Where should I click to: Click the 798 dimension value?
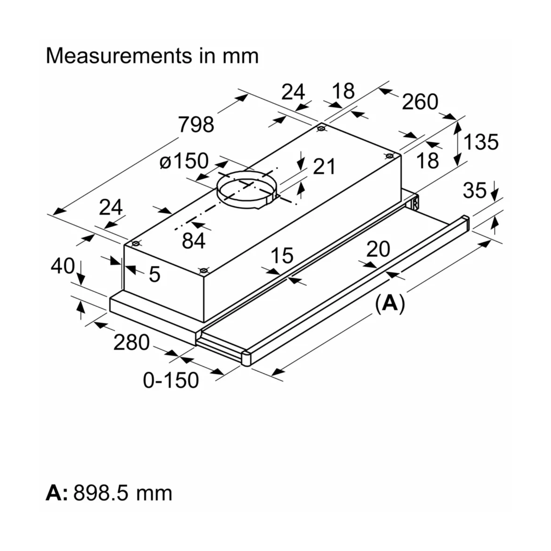click(196, 125)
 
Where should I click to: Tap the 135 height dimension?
click(481, 142)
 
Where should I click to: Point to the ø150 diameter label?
click(184, 161)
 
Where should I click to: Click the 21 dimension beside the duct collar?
click(324, 166)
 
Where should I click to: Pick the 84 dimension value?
click(194, 241)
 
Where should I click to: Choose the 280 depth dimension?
click(131, 342)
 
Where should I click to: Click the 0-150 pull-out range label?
click(171, 380)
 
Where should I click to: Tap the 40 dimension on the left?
click(63, 266)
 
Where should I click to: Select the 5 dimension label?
click(154, 274)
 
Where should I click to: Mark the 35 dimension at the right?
click(474, 190)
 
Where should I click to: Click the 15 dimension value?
click(281, 256)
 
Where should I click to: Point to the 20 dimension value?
click(378, 249)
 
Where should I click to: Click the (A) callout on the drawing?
click(389, 303)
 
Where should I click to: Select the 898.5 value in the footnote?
click(100, 493)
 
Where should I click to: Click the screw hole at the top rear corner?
click(321, 128)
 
